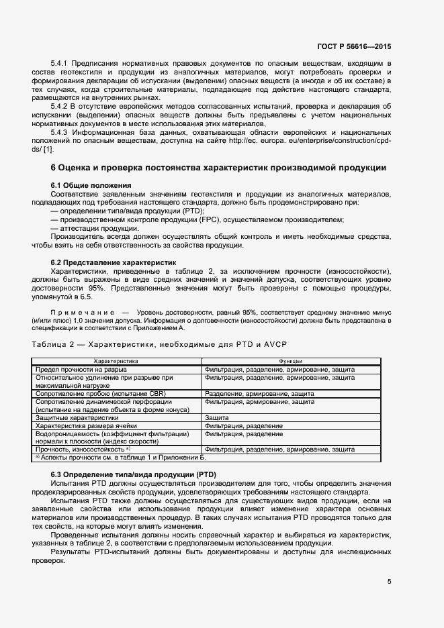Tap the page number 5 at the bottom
pos(389,582)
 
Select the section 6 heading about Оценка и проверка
pos(218,167)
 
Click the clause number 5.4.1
pos(62,63)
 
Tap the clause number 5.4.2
pos(62,107)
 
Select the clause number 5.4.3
pos(62,133)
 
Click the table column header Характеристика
pos(116,361)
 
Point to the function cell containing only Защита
pos(218,417)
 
